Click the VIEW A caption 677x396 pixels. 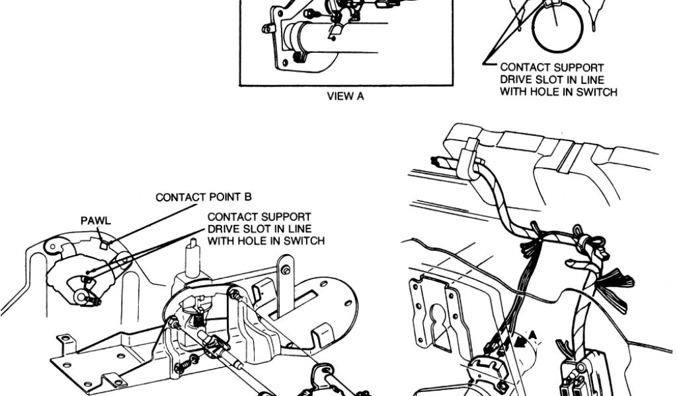[346, 96]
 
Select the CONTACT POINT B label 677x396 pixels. [204, 197]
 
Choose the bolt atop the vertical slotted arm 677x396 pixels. [285, 271]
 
